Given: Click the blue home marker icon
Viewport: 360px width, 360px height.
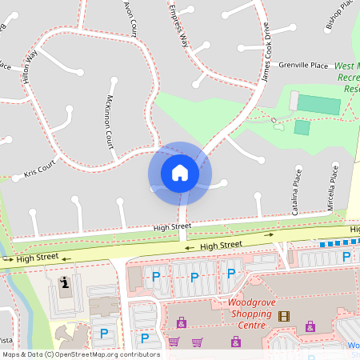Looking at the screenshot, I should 180,173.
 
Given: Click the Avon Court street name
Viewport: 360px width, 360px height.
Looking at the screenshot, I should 130,18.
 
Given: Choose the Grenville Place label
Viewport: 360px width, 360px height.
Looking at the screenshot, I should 303,66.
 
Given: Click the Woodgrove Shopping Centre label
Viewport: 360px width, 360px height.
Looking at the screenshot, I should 251,308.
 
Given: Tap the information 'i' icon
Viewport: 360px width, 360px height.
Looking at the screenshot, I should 65,282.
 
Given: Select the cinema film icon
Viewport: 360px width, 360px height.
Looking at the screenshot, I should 284,315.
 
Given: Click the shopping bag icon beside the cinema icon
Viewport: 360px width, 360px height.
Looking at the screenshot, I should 310,327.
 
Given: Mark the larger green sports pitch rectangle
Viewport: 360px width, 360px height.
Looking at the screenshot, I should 319,104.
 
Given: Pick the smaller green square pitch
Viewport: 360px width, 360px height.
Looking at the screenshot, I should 302,127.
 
